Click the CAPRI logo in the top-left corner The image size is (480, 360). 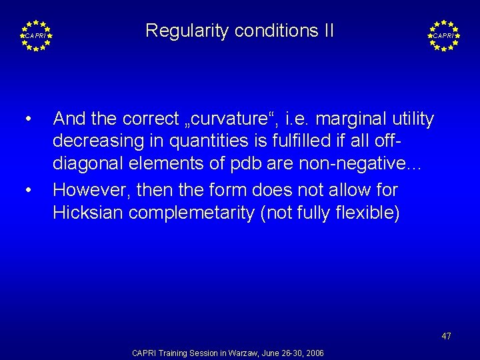(36, 35)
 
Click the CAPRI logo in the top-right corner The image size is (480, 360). (443, 35)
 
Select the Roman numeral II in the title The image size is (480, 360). (327, 31)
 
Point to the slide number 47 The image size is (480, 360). (446, 336)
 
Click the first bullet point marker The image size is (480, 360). (28, 119)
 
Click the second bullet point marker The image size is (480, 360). (28, 190)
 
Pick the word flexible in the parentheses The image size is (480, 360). (366, 213)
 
